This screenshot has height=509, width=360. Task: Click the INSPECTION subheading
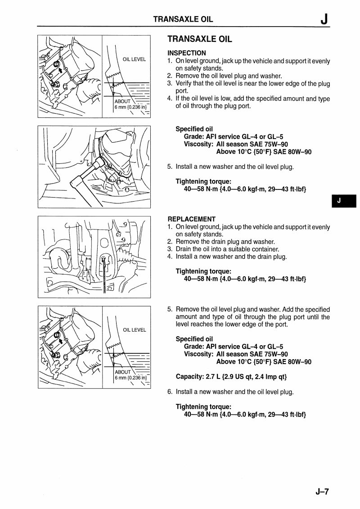pyautogui.click(x=187, y=53)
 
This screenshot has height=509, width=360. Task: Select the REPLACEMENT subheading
pyautogui.click(x=191, y=219)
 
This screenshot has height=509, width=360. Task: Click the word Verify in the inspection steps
pyautogui.click(x=184, y=84)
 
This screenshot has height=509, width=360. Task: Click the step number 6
pyautogui.click(x=170, y=392)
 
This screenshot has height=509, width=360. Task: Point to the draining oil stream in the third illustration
pyautogui.click(x=104, y=275)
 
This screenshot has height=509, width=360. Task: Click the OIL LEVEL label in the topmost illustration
pyautogui.click(x=134, y=59)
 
